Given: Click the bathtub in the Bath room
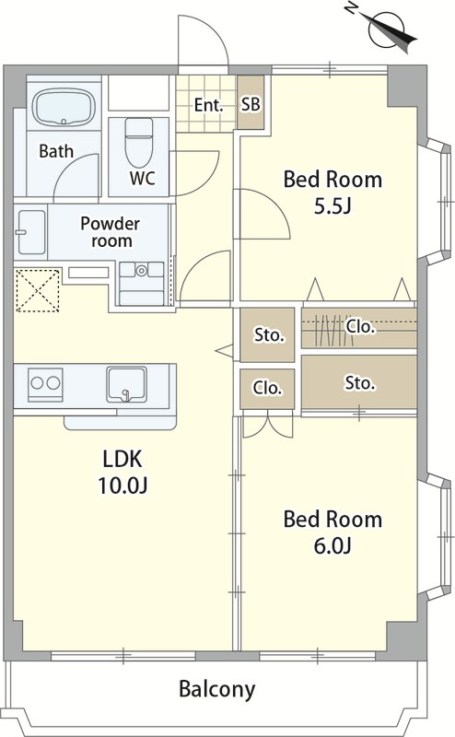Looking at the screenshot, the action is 64,108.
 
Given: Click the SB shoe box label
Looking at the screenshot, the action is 251,104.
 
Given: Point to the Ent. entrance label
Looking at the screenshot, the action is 208,104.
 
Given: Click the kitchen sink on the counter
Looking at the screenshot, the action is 126,384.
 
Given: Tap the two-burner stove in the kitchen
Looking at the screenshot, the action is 45,384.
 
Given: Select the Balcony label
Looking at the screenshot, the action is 216,689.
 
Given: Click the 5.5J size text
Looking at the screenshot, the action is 332,205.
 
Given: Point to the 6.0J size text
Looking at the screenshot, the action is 332,545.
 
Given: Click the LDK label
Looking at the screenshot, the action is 122,459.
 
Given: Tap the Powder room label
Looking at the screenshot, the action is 110,232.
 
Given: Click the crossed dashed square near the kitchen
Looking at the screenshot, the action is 38,290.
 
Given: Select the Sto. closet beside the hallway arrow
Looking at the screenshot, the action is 267,334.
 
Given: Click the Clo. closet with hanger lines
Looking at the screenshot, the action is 359,328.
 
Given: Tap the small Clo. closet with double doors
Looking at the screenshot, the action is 267,388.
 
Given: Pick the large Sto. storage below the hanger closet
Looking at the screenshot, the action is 359,382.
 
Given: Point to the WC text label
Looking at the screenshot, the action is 143,178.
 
